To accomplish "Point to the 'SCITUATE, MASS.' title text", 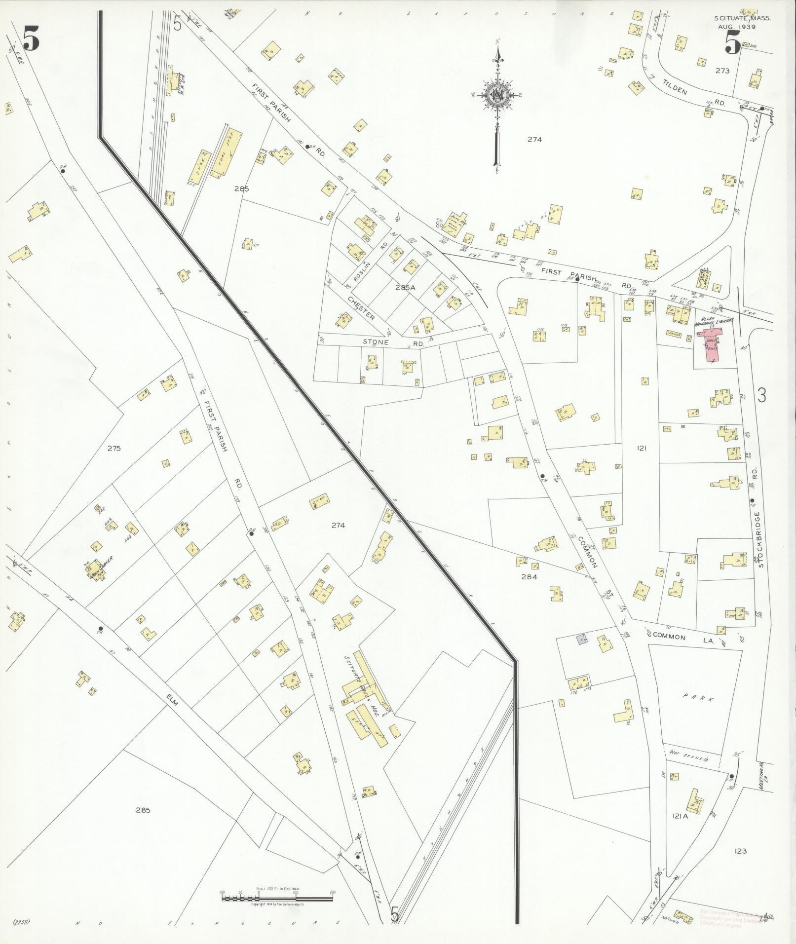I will (x=741, y=18).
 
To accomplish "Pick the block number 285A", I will (x=402, y=287).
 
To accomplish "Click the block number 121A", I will (x=679, y=816).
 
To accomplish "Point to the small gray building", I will (x=583, y=640).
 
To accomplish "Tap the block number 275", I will (x=114, y=449).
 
